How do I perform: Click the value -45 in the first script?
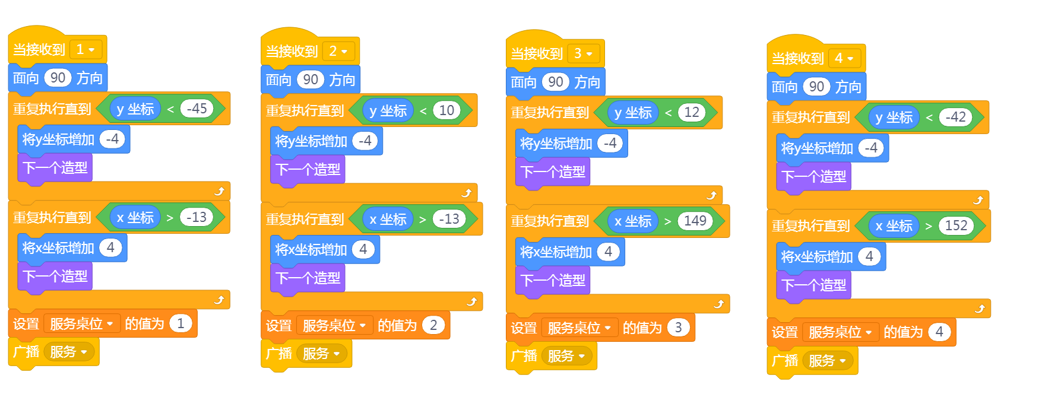[x=197, y=109]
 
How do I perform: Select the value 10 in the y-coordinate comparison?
[x=446, y=110]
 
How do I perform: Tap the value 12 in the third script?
[x=692, y=112]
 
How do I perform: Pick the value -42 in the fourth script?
[x=955, y=117]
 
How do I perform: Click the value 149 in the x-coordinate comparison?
[x=695, y=221]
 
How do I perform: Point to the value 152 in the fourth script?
[x=956, y=225]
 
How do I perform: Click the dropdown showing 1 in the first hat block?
[x=85, y=49]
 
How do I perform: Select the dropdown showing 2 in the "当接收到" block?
[x=338, y=51]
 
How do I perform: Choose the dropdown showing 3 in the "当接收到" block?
[x=584, y=53]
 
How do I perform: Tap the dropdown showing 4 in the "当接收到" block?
[x=844, y=58]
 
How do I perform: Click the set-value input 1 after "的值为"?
[x=180, y=323]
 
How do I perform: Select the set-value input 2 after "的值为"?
[x=433, y=325]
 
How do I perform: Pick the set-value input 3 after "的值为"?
[x=678, y=328]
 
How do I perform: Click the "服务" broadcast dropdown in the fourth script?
[x=828, y=360]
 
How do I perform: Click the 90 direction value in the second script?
[x=311, y=80]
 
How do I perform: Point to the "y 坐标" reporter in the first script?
[x=135, y=109]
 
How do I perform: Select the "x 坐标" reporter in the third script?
[x=633, y=221]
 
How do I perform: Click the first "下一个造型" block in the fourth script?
[x=813, y=177]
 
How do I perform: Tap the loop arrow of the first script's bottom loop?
[x=219, y=300]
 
